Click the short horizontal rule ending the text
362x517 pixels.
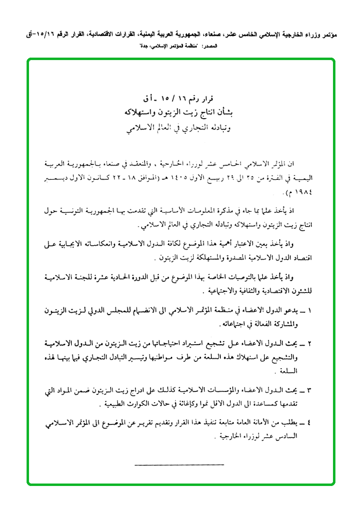[179, 464]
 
